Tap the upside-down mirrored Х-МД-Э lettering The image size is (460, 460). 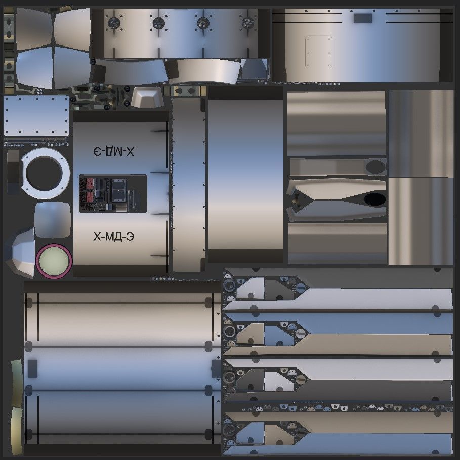(114, 151)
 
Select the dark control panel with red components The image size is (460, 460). (113, 194)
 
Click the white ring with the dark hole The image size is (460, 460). (45, 173)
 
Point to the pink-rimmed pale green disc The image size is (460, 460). (54, 261)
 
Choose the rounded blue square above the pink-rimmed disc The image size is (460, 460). (52, 219)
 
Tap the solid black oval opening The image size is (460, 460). (374, 199)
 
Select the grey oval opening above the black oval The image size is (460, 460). (375, 166)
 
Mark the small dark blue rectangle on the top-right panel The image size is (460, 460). (362, 19)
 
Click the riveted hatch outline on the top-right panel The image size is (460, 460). (318, 51)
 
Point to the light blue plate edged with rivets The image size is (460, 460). (36, 116)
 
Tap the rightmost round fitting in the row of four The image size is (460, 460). (247, 22)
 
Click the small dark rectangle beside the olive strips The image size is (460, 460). (33, 368)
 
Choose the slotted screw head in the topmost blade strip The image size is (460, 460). (301, 287)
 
